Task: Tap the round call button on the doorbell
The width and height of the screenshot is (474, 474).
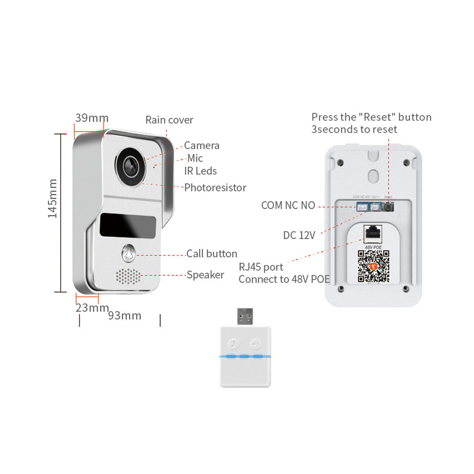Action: (128, 254)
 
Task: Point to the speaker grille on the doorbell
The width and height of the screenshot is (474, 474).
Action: (128, 276)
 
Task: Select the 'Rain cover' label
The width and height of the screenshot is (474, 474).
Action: (169, 120)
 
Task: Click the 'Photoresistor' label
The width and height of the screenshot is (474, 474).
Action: (215, 188)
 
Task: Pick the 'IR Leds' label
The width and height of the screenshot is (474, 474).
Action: (201, 171)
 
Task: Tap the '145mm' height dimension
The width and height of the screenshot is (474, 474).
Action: (52, 198)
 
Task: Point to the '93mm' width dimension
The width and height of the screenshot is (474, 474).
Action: (125, 316)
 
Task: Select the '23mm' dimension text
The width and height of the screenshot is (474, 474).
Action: (92, 308)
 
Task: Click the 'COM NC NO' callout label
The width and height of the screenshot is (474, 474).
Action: (288, 206)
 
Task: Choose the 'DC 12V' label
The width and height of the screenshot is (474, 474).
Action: (299, 235)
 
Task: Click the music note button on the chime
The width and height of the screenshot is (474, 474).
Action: (233, 344)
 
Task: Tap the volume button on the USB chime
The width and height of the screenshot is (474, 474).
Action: (256, 344)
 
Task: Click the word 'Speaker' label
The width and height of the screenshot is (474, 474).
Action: (205, 275)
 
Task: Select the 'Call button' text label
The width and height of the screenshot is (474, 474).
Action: (211, 254)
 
